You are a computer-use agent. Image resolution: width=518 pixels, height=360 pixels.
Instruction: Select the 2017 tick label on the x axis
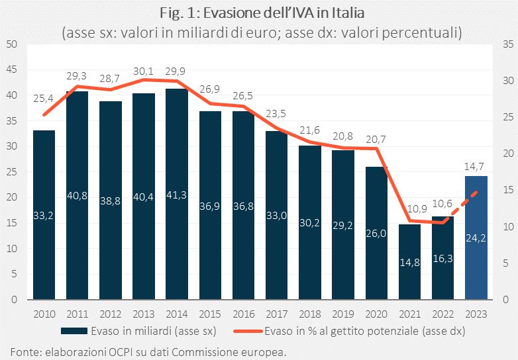click(276, 313)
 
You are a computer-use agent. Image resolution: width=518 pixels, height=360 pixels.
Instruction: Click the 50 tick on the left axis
click(11, 44)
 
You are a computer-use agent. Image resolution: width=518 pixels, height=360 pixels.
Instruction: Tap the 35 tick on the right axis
click(507, 44)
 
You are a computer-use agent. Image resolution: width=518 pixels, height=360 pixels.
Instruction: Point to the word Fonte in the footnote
click(25, 351)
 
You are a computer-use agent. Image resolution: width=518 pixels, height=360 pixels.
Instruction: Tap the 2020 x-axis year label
click(376, 313)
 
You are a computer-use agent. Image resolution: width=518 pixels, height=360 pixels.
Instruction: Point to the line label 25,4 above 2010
click(44, 99)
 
